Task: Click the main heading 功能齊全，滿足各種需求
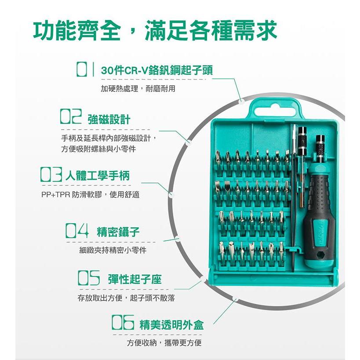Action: pyautogui.click(x=155, y=30)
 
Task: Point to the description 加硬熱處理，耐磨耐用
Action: pyautogui.click(x=138, y=89)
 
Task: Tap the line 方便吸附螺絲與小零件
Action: pyautogui.click(x=98, y=149)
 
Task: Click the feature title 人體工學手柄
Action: pyautogui.click(x=98, y=176)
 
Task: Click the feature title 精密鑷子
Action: pyautogui.click(x=118, y=232)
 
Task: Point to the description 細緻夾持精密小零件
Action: pyautogui.click(x=113, y=250)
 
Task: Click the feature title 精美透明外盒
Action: pyautogui.click(x=171, y=325)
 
